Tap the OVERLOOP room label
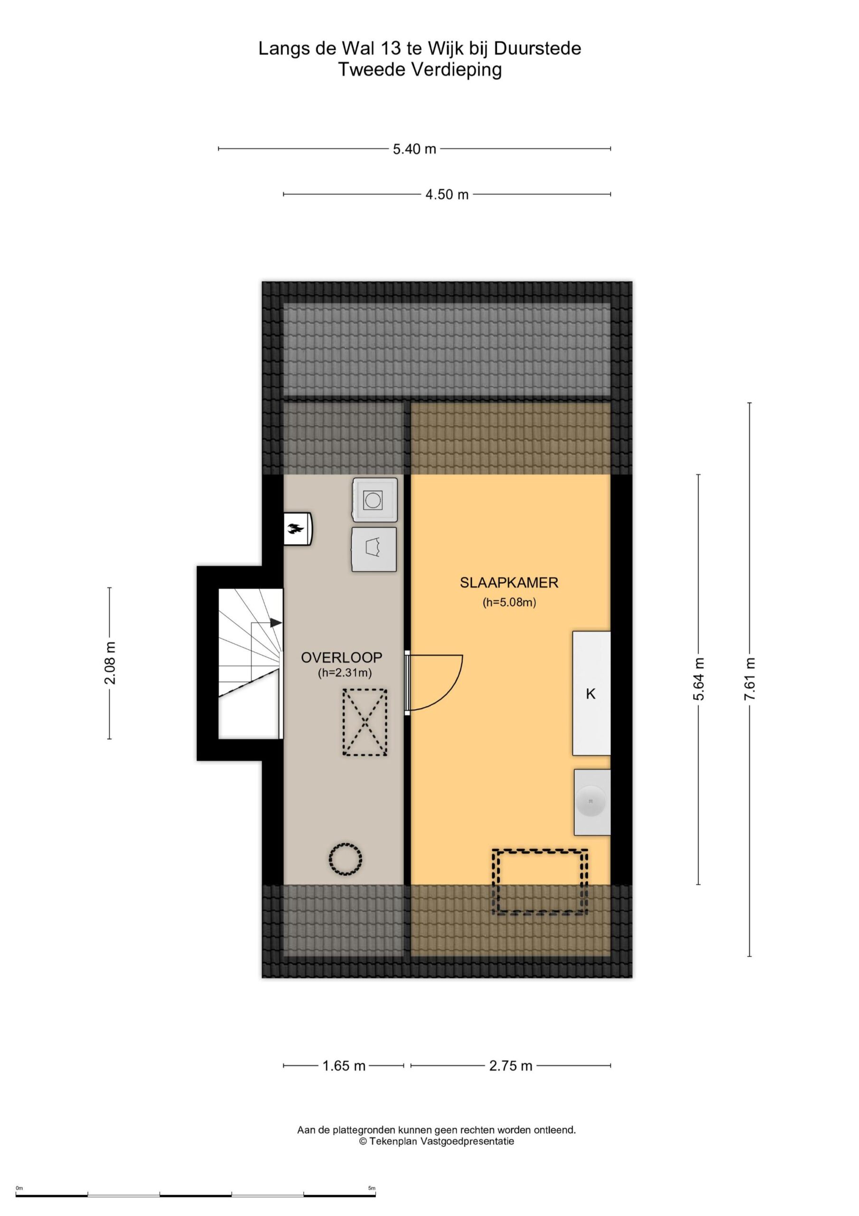341,657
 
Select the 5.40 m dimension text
414,149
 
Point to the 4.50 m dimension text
447,194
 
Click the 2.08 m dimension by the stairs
110,663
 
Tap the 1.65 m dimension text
344,1065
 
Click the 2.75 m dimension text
511,1065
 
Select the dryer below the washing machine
374,549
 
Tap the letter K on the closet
591,693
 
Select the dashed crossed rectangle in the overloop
364,722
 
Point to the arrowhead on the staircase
276,623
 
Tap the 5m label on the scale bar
372,1188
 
